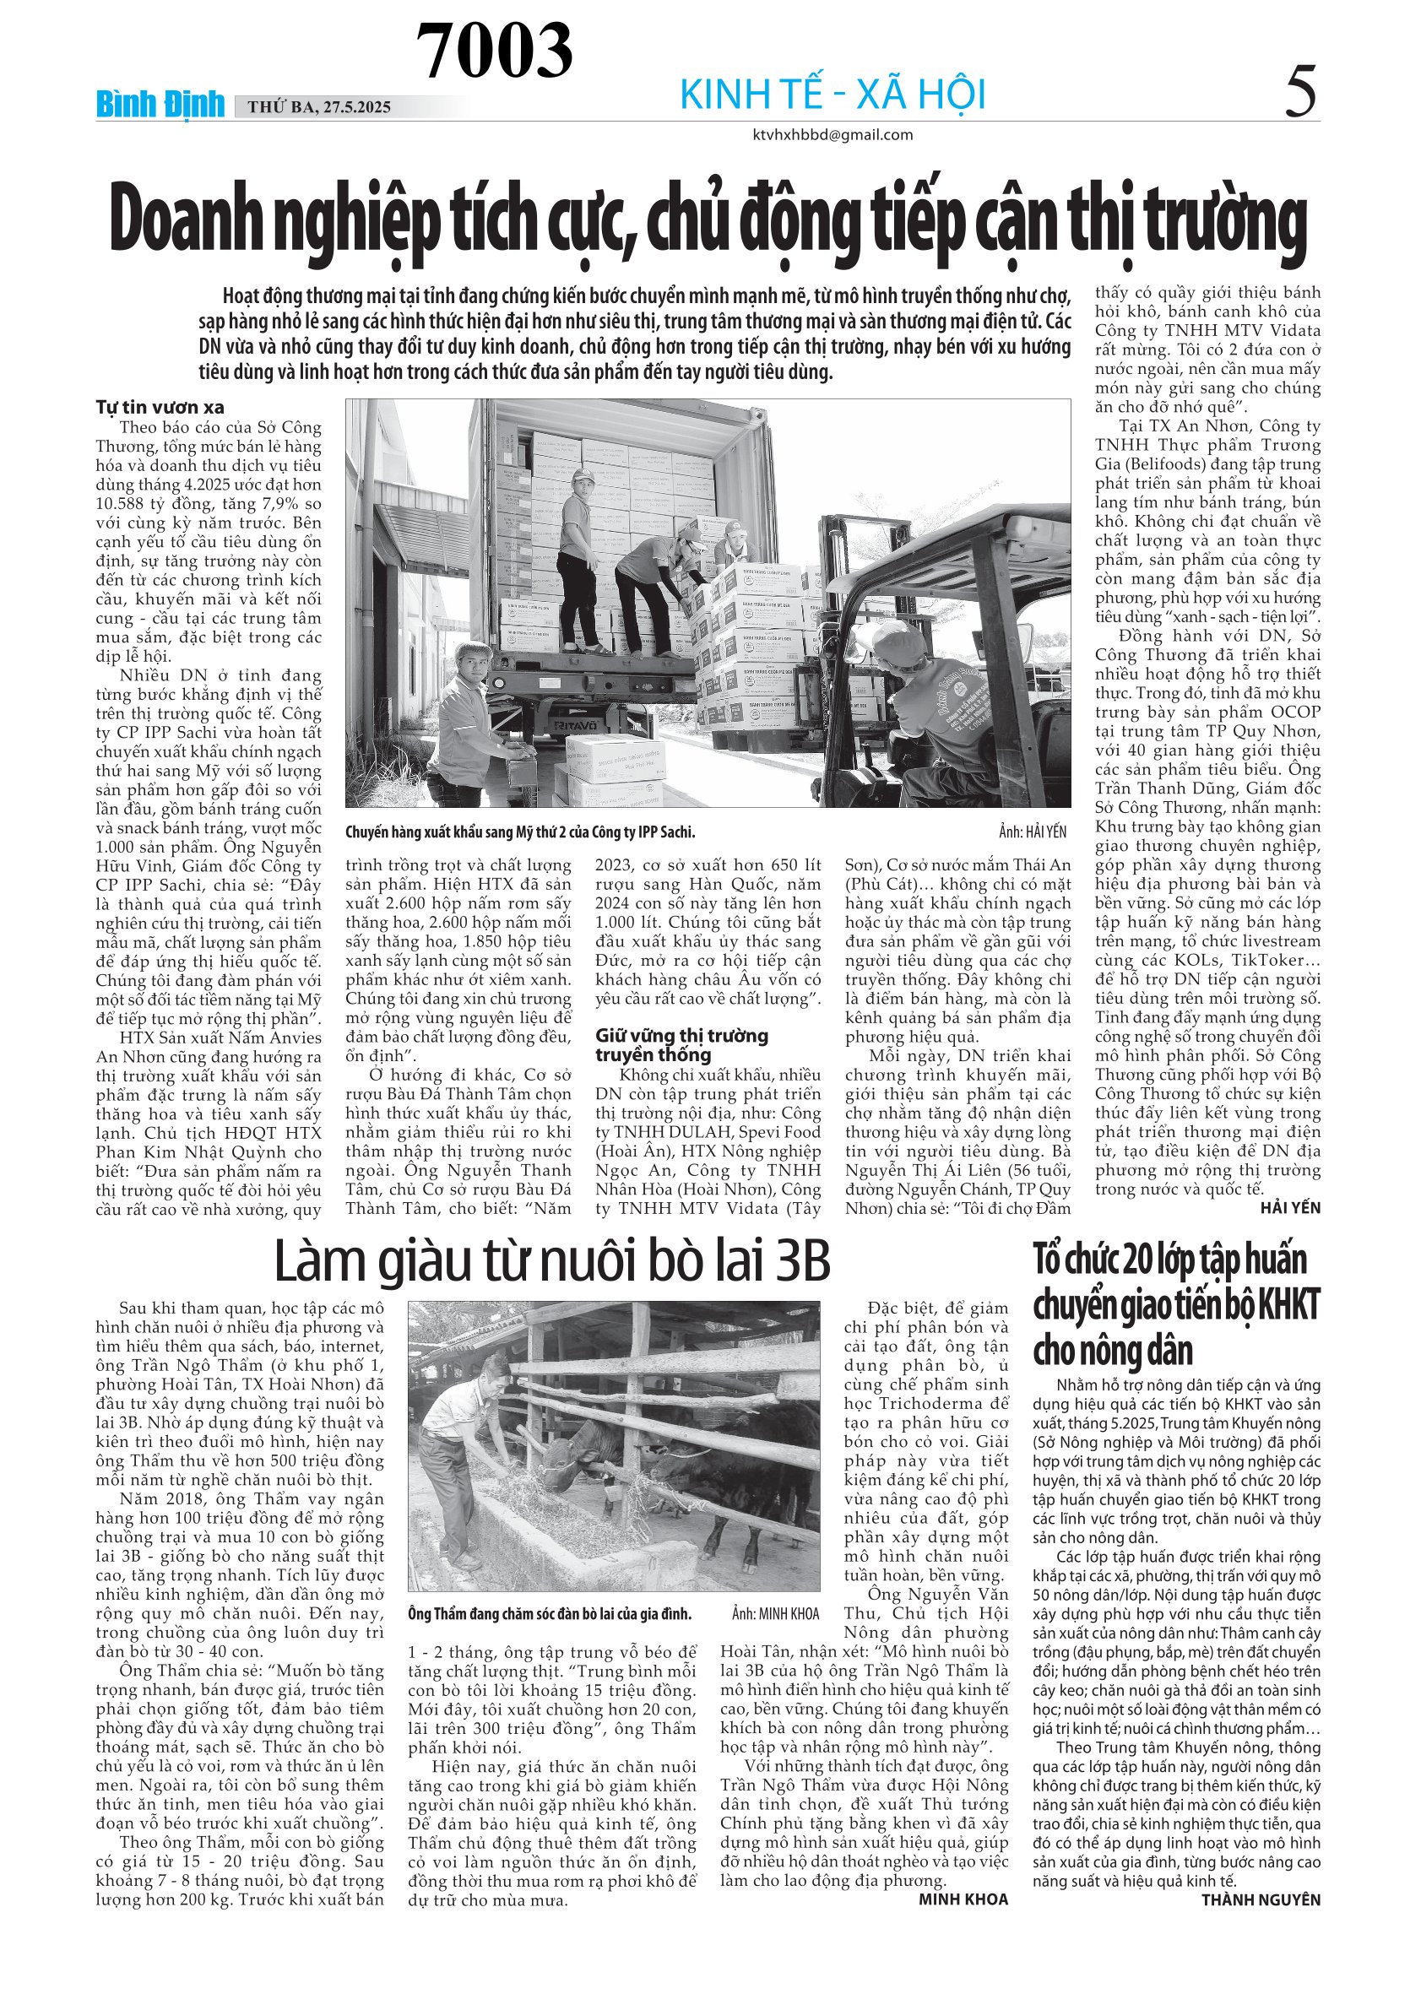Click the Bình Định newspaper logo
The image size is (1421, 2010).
[160, 105]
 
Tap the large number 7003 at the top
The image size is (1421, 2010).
[494, 50]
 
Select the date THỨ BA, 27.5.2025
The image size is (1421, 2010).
[318, 108]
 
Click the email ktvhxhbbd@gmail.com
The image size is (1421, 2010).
[833, 135]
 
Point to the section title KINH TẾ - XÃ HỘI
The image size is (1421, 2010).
[833, 95]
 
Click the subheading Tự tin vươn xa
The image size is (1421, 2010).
[160, 407]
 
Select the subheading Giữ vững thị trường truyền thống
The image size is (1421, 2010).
[682, 1044]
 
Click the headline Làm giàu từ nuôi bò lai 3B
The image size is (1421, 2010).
[551, 1261]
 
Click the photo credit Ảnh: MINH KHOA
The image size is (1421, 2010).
[775, 1613]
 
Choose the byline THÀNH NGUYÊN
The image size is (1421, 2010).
[1260, 1899]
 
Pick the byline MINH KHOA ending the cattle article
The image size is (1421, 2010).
[963, 1899]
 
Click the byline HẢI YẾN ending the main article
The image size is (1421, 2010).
[1289, 1207]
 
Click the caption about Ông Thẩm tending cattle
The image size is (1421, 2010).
[550, 1613]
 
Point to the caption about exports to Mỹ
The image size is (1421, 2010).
[520, 832]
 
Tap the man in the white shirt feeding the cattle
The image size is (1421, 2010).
[469, 1453]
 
